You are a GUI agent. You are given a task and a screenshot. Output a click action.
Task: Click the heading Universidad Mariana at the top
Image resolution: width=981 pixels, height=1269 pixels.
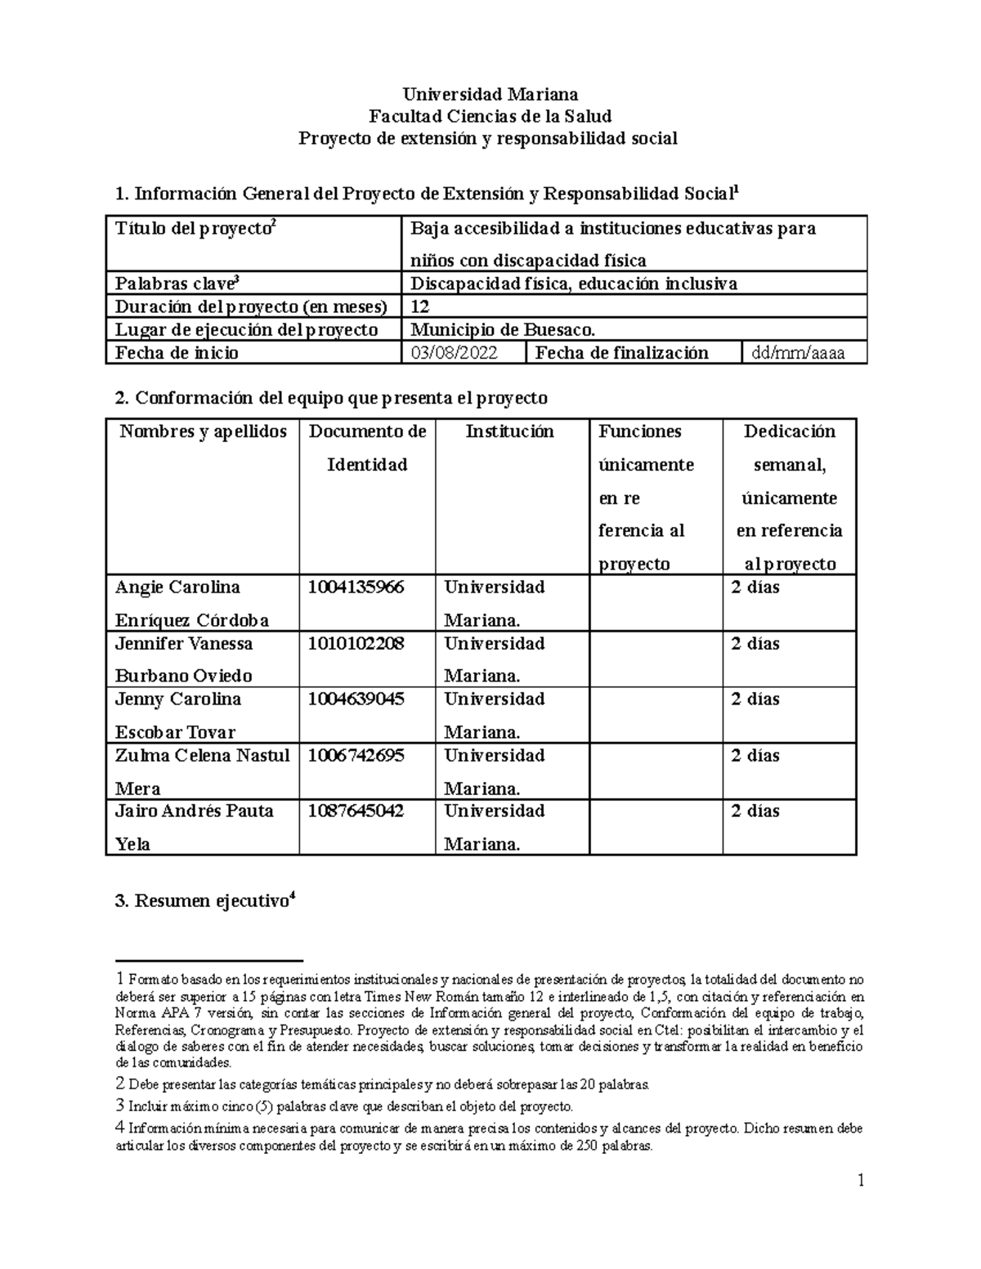[487, 94]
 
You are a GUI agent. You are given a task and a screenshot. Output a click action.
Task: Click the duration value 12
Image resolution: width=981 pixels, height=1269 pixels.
[420, 306]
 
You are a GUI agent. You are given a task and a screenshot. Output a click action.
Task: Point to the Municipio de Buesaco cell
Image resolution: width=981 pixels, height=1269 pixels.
[503, 329]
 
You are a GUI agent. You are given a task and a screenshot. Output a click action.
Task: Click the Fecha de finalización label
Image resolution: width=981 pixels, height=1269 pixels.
[621, 353]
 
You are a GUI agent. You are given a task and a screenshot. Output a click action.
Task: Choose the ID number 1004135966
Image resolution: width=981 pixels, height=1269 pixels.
[356, 588]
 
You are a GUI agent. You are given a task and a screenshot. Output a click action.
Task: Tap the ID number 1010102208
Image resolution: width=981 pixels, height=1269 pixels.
[356, 644]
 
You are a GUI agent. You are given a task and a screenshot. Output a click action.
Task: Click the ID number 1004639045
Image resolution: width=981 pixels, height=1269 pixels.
[356, 699]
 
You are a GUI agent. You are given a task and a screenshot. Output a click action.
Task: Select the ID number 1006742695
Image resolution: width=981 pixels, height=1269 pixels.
[356, 756]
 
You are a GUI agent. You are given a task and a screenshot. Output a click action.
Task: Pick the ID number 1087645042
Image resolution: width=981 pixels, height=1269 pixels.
[356, 811]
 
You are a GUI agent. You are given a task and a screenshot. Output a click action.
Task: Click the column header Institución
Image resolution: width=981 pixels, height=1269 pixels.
[509, 431]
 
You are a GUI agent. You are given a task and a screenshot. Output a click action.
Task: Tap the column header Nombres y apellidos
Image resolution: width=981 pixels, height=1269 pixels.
[203, 431]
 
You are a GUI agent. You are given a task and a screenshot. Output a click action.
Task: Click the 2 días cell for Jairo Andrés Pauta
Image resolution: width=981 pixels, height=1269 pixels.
[755, 811]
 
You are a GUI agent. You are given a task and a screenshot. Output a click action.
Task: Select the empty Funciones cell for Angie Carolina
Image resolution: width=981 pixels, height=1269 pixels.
[656, 603]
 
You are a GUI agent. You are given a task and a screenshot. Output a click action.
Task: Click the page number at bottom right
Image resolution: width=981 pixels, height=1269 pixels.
[860, 1180]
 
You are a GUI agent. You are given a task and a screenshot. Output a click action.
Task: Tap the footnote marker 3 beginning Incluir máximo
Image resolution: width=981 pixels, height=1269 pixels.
[120, 1106]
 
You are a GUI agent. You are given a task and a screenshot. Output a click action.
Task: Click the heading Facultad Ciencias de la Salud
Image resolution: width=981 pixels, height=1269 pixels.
[487, 116]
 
